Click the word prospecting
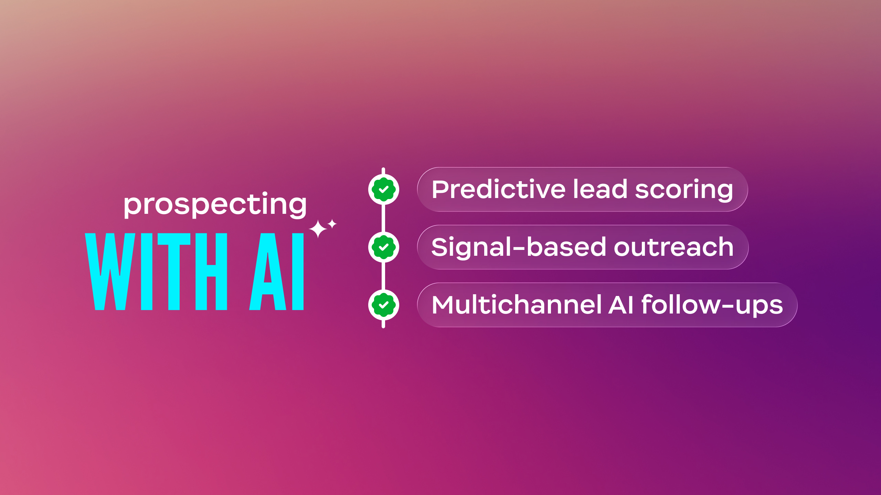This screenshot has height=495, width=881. pos(215,205)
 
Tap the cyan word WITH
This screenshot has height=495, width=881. pos(156,272)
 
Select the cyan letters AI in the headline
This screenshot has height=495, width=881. pos(276,272)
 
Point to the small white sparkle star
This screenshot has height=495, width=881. pos(332,224)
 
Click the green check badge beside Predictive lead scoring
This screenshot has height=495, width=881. pos(383,189)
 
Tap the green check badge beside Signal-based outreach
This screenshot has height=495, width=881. pos(383,247)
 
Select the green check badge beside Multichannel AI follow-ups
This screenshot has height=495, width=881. pos(383,305)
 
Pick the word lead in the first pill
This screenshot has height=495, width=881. pos(600,189)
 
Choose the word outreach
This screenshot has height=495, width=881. pos(674,247)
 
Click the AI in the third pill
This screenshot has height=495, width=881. pos(621,305)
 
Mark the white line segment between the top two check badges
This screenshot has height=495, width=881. pos(383,218)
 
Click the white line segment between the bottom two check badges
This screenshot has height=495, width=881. pos(383,276)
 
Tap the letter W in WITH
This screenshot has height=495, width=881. pos(110,272)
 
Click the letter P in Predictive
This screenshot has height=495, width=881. pos(441,189)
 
